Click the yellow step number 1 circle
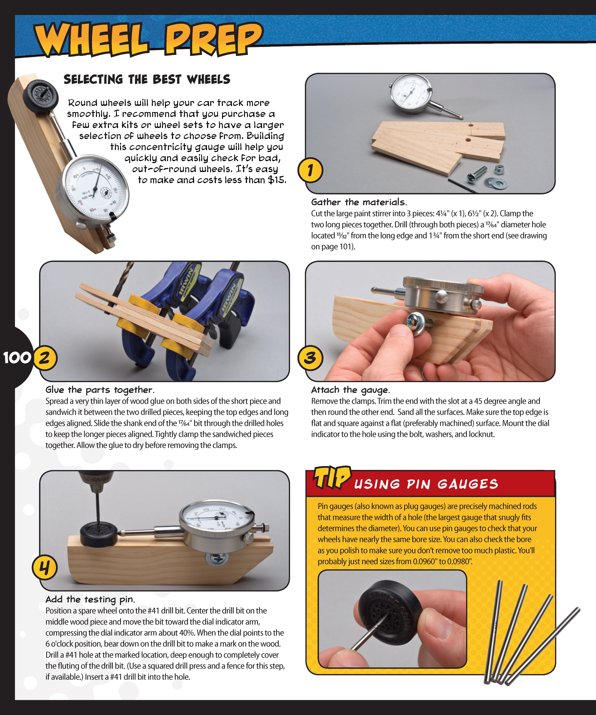click(310, 170)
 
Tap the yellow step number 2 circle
click(45, 358)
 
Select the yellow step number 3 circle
click(310, 358)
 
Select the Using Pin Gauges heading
click(426, 484)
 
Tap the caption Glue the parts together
click(100, 390)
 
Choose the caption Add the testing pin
click(90, 599)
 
